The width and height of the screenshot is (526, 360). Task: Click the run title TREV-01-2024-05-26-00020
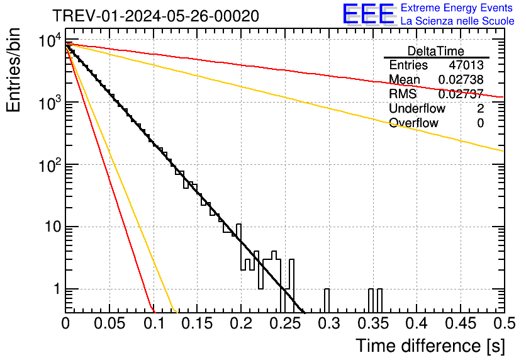coord(155,16)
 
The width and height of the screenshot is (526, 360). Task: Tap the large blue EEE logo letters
coord(368,14)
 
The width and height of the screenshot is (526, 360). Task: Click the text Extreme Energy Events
coord(456,8)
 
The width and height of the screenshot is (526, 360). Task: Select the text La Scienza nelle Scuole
coord(457,21)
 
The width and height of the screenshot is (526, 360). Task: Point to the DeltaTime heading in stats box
coord(436,50)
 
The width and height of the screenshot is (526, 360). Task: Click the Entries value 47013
coord(466,65)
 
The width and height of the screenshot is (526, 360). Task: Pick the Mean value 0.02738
coord(461,79)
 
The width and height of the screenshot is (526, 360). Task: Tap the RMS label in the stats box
coord(402,94)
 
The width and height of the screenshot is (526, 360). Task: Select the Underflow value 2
coord(480,108)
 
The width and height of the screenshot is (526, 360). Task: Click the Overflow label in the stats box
coord(413,123)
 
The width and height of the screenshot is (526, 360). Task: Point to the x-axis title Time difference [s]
coord(430,346)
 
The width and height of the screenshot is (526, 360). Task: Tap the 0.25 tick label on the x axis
coord(285,323)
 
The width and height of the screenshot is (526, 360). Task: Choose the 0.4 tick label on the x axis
coord(417,323)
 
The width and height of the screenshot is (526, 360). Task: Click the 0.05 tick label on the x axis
coord(109,323)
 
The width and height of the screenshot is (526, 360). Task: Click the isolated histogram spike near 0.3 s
coord(327,300)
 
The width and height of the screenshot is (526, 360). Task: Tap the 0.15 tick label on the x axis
coord(197,323)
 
